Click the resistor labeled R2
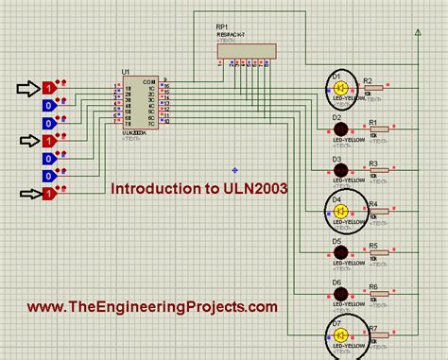tap(376, 88)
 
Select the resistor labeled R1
tap(376, 129)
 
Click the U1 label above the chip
tap(126, 71)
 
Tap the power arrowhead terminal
tap(418, 33)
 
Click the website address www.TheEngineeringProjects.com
tap(152, 307)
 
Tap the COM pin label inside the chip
tap(148, 82)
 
